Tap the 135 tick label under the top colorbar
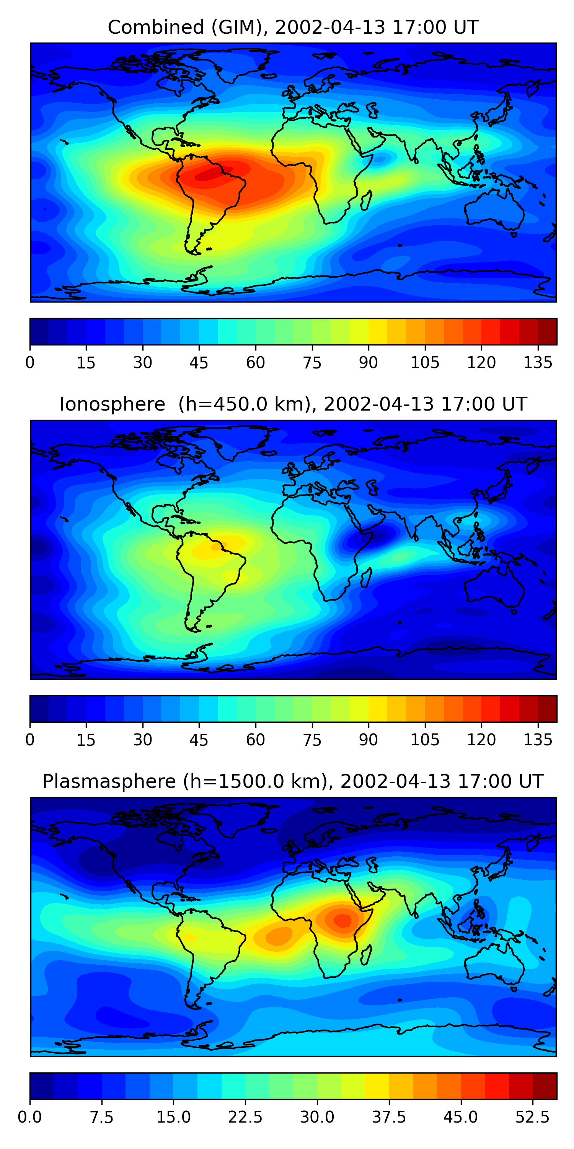[538, 363]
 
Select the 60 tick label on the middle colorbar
[255, 740]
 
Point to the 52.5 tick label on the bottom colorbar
[532, 1117]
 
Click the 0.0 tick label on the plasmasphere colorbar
[30, 1117]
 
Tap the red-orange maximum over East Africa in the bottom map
[342, 920]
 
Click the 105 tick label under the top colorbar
[425, 363]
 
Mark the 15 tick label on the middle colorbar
[86, 740]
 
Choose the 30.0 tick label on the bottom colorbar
[317, 1117]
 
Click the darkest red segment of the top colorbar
[547, 331]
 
